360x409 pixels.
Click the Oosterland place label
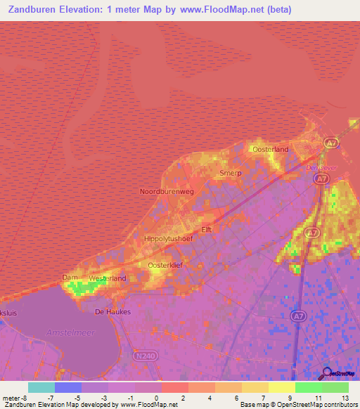271,150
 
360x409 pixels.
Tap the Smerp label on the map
230,173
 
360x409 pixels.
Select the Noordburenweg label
167,191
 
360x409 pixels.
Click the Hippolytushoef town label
168,239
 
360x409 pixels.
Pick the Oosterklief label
165,265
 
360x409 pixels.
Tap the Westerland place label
108,278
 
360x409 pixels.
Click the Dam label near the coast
70,277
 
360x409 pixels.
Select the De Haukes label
112,311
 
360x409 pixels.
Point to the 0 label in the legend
155,397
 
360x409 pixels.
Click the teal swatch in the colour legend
41,387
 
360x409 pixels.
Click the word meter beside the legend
12,397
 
